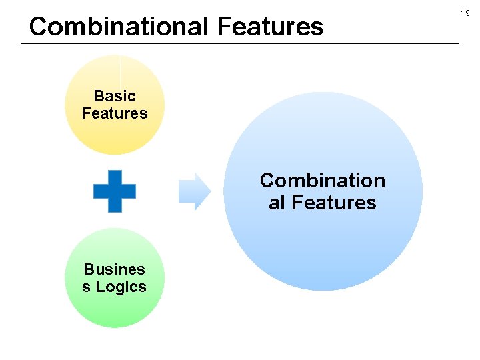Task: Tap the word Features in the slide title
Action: [x=270, y=27]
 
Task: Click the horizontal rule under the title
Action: [x=240, y=44]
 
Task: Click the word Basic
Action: [x=115, y=96]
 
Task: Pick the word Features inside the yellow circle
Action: [x=115, y=113]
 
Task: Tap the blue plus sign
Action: [x=115, y=191]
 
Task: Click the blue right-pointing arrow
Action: [x=194, y=191]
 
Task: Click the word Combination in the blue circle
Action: [x=323, y=181]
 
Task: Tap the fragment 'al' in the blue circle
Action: [x=277, y=203]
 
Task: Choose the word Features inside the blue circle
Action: [x=334, y=203]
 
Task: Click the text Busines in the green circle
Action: [x=115, y=269]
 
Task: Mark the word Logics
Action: [x=121, y=287]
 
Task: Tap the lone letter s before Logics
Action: [x=86, y=287]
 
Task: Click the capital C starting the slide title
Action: [x=38, y=27]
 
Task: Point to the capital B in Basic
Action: [x=99, y=96]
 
